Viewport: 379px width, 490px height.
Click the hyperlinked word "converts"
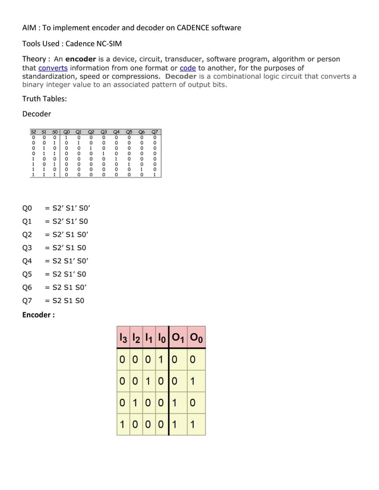pos(53,68)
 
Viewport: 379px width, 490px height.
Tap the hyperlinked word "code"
pos(188,68)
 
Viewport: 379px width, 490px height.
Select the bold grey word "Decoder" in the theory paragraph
pos(181,77)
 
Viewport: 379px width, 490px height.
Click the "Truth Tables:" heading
pos(45,99)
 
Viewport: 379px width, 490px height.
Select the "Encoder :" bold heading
pos(39,315)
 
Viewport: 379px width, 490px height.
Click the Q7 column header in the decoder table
pos(155,132)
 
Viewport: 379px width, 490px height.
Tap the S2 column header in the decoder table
pos(34,132)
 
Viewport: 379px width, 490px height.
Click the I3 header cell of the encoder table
pos(124,339)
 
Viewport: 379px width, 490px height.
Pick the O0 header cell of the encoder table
pos(197,339)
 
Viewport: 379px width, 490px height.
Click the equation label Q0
pos(27,209)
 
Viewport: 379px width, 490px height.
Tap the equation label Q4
pos(27,261)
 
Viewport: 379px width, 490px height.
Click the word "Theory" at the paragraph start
pos(34,59)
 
